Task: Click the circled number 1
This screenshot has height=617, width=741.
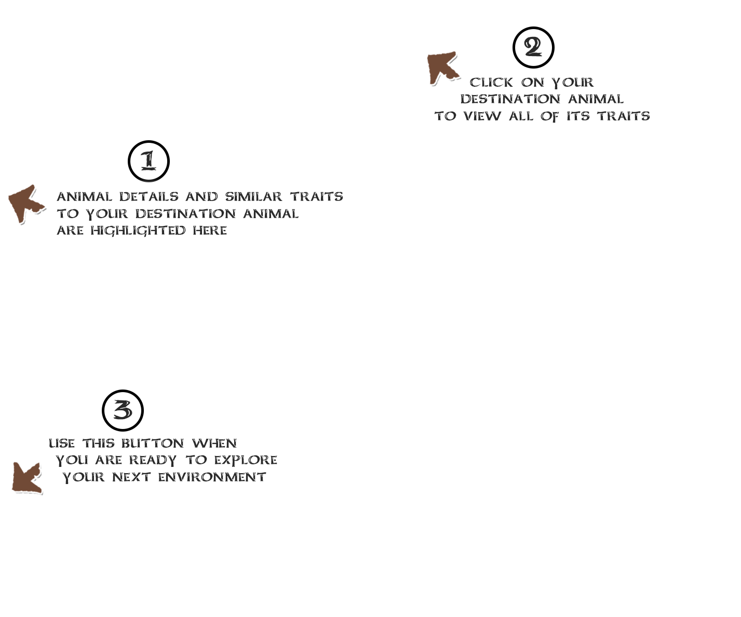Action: pyautogui.click(x=149, y=161)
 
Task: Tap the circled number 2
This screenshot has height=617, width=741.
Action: pyautogui.click(x=533, y=47)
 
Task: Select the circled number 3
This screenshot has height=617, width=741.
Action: pyautogui.click(x=123, y=410)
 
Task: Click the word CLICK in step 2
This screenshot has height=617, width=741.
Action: pyautogui.click(x=492, y=83)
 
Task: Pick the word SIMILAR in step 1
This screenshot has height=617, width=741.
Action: pyautogui.click(x=253, y=197)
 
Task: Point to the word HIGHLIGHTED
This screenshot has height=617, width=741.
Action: pyautogui.click(x=138, y=231)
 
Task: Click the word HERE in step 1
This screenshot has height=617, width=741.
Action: pyautogui.click(x=210, y=231)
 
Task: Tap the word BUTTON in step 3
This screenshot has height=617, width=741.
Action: pyautogui.click(x=153, y=444)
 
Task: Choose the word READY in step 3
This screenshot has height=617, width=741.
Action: pyautogui.click(x=153, y=461)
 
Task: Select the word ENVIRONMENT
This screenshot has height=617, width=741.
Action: pyautogui.click(x=212, y=477)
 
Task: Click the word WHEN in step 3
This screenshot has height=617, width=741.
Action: pyautogui.click(x=214, y=444)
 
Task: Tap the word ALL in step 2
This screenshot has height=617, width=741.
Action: pyautogui.click(x=521, y=116)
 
